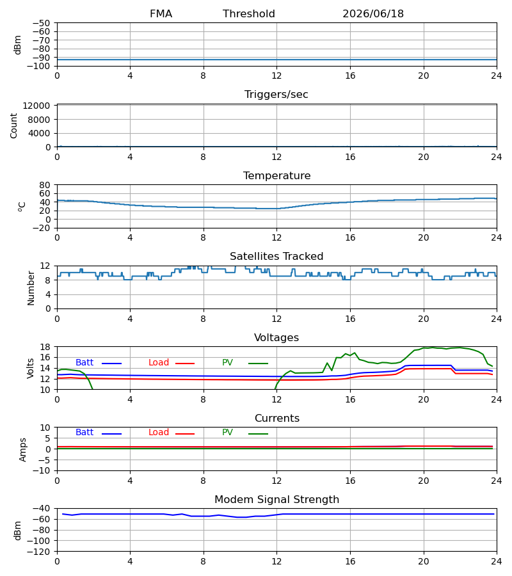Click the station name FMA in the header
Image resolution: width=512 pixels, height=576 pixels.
coord(161,14)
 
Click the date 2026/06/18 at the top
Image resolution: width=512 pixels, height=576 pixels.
coord(373,14)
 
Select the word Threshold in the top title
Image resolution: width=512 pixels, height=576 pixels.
coord(249,14)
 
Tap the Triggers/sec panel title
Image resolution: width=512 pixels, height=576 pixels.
coord(276,95)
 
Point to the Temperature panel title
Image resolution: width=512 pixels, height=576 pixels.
coord(276,175)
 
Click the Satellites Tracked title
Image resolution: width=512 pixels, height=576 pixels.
coord(276,257)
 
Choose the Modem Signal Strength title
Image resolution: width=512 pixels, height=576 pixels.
coord(276,500)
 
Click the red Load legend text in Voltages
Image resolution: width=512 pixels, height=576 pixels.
coord(159,363)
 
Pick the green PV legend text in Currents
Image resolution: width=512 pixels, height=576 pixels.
coord(227,433)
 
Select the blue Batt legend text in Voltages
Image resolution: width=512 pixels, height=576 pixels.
coord(84,363)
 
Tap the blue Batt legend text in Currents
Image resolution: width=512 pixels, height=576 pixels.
coord(84,433)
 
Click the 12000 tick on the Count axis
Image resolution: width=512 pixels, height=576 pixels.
coord(36,106)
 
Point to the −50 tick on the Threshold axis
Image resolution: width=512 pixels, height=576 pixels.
coord(41,23)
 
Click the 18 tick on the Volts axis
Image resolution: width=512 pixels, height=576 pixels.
coord(45,347)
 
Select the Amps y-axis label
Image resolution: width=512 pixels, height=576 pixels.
coord(23,450)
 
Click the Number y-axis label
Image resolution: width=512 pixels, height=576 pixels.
coord(31,289)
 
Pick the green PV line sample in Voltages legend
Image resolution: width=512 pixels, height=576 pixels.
coord(258,364)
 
